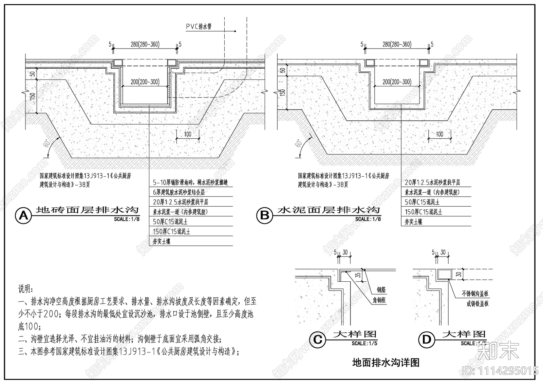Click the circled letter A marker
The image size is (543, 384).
point(23,216)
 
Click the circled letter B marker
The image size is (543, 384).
point(264,216)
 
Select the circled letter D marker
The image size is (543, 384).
point(426,339)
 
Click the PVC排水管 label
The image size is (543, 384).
point(199,27)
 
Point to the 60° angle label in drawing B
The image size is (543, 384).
point(299,144)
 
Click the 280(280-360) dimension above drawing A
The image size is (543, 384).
point(145,44)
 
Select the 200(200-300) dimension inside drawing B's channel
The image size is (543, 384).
point(397,82)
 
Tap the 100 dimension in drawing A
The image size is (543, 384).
point(188,134)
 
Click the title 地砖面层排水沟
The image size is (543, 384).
point(87,210)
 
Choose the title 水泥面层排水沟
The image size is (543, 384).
point(328,210)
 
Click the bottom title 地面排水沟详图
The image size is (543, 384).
point(386,363)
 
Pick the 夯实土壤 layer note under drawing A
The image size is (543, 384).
point(162,242)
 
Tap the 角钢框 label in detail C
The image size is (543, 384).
point(379,300)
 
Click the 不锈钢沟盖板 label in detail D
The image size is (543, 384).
point(475,293)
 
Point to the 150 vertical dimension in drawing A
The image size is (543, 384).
point(33,96)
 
